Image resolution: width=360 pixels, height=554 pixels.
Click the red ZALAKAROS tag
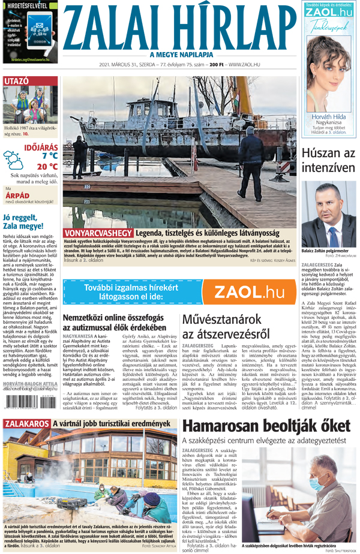click(26, 425)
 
